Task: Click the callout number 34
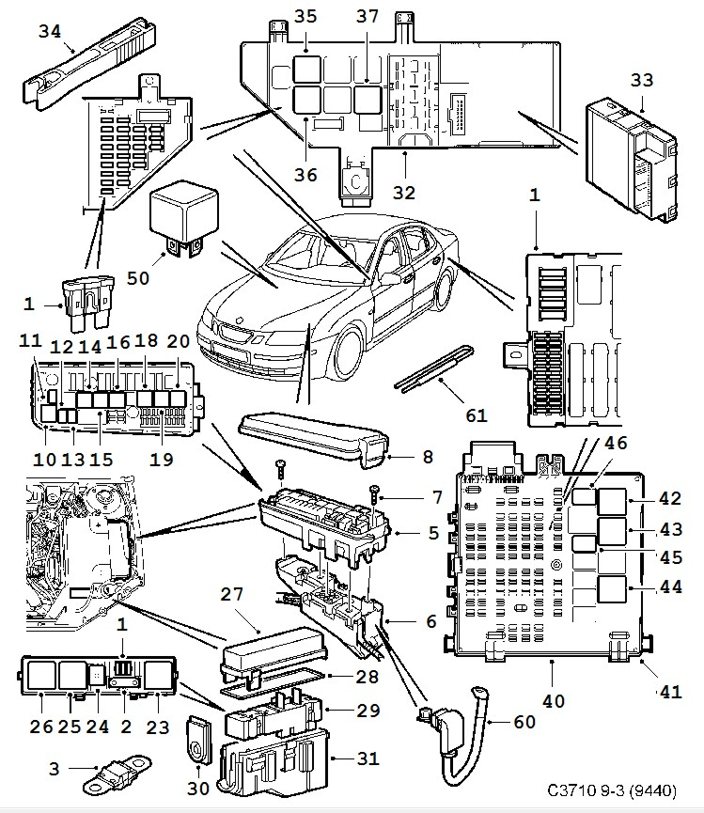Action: (50, 31)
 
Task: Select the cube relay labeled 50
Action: (183, 217)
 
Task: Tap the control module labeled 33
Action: (631, 159)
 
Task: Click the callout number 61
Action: (476, 415)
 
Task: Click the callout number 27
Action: (231, 594)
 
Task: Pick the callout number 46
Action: (616, 443)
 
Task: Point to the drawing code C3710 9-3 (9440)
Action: (612, 790)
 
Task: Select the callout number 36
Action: (305, 174)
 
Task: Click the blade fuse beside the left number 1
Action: (87, 305)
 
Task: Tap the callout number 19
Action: (161, 459)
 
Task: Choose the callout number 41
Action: (670, 692)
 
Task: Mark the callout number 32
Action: (404, 193)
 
